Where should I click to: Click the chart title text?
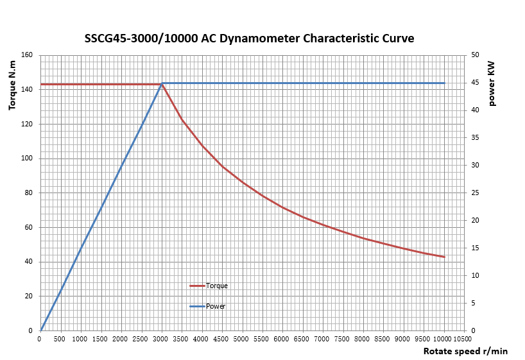249,39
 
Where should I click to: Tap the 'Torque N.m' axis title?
12,83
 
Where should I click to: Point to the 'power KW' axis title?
492,83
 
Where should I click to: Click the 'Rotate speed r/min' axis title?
465,351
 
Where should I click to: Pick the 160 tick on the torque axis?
28,55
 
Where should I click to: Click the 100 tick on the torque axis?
28,159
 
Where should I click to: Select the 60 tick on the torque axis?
29,228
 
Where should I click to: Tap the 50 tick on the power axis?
475,55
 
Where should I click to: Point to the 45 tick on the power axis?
475,83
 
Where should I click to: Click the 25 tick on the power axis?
475,193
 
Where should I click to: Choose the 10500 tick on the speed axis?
462,339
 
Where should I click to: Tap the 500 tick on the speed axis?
60,339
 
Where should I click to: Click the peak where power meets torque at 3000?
162,83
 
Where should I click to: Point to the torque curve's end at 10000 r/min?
444,257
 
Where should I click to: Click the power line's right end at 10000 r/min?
444,83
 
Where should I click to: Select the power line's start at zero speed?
40,330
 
